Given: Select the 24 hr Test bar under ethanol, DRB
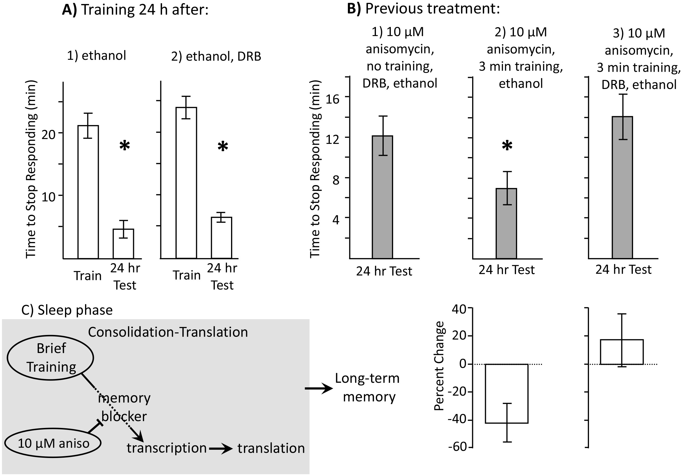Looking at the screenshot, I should pos(221,238).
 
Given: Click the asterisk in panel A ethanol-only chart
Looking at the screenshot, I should pos(125,146).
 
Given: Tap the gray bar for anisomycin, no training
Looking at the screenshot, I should pos(383,197).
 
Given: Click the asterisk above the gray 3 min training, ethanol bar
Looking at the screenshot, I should pos(507,146).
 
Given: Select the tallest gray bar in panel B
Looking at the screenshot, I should pos(622,187).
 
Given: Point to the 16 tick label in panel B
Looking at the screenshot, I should pos(332,99).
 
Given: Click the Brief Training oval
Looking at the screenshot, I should pos(50,358).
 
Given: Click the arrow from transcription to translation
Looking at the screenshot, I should pos(221,449).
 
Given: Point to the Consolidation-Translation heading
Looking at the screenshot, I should pos(168,332).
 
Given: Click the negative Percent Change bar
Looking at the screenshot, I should pos(507,393).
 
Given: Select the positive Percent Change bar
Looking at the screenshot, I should pos(622,352).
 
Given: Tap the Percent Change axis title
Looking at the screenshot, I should pos(439,366).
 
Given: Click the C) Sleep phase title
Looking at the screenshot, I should pos(67,310).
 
